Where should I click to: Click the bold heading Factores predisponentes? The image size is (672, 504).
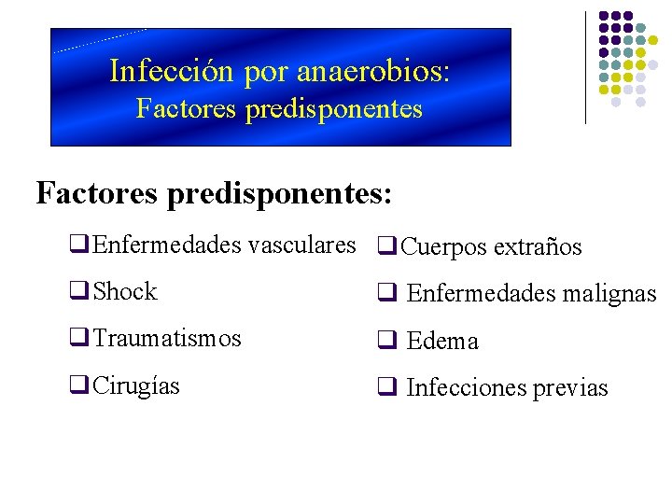214,193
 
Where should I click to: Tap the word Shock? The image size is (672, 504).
126,292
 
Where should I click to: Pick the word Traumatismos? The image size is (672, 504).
167,339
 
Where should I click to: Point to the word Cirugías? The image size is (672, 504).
136,385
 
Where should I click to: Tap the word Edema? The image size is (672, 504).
442,342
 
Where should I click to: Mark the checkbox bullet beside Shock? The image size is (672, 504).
77,292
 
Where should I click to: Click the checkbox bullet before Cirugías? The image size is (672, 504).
77,385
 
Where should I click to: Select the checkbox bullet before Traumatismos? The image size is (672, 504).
77,339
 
